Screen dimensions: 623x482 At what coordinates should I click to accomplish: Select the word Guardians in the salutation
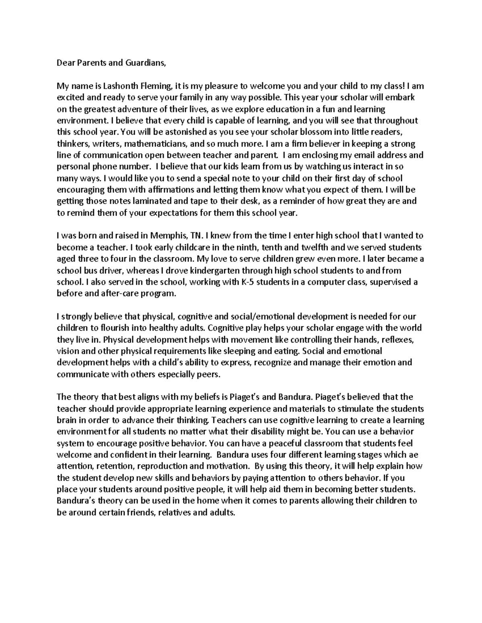click(145, 63)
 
